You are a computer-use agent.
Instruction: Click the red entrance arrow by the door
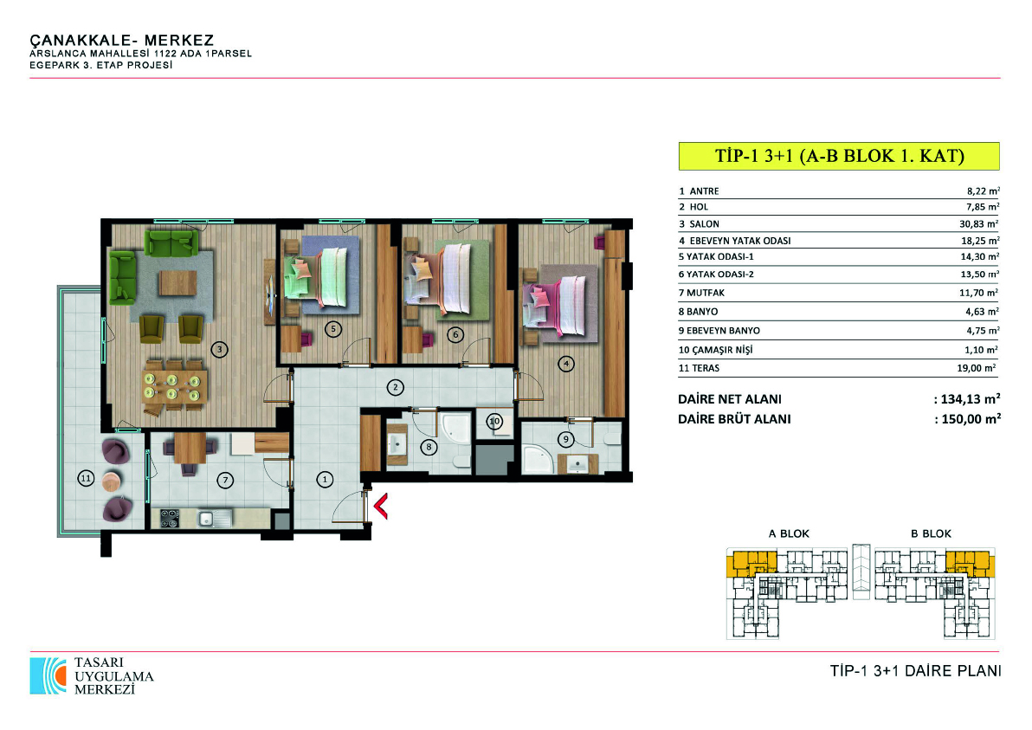tap(380, 507)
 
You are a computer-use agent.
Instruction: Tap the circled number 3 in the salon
tap(219, 350)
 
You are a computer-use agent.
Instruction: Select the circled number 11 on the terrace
tap(87, 479)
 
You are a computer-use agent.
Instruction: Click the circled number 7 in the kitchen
tap(225, 481)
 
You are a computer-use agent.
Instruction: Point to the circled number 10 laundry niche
tap(495, 421)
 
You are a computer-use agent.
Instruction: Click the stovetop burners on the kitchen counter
tap(169, 519)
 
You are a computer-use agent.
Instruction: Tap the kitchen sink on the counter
tap(214, 519)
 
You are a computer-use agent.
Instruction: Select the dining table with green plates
tap(172, 386)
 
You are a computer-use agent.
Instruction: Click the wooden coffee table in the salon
tap(177, 283)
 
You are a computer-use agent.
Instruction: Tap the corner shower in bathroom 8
tap(455, 427)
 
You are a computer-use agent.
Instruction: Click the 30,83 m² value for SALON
tap(978, 223)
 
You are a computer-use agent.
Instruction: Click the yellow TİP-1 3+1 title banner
tap(839, 157)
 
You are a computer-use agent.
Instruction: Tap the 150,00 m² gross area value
tap(971, 418)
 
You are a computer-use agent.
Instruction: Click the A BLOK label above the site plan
tap(789, 533)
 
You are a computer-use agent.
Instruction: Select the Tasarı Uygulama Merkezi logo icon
tap(48, 675)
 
